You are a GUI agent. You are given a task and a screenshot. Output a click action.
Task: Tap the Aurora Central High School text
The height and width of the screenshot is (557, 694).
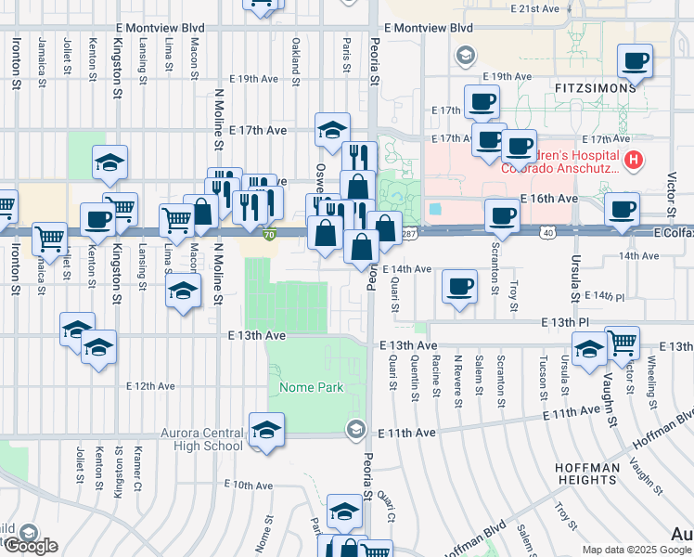[x=201, y=439]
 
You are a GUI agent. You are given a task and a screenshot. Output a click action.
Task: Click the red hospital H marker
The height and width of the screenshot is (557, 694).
[x=635, y=160]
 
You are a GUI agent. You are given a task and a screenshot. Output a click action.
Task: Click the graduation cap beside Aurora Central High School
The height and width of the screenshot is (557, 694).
[x=266, y=431]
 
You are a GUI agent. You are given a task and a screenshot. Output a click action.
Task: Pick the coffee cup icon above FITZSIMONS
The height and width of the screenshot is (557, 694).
[x=636, y=62]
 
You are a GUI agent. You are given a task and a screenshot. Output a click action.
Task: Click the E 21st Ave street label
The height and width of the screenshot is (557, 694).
[x=535, y=8]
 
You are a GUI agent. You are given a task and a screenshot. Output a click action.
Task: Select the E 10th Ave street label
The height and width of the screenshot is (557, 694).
[x=249, y=485]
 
